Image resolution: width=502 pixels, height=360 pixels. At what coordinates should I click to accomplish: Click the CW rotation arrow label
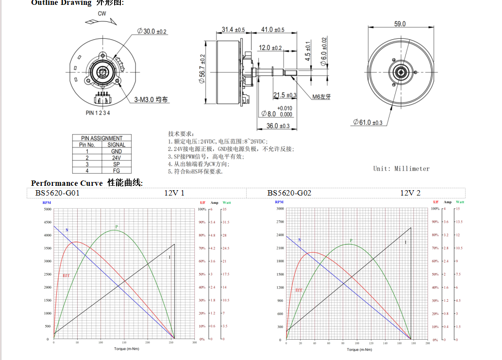tap(102, 14)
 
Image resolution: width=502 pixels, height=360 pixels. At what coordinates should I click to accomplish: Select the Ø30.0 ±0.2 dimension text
tap(152, 31)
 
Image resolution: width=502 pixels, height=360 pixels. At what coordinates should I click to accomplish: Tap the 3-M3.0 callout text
tap(151, 99)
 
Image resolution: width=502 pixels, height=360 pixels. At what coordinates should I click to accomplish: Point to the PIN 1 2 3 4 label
tap(98, 113)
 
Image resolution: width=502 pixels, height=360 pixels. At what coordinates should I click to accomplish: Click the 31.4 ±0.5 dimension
tap(233, 30)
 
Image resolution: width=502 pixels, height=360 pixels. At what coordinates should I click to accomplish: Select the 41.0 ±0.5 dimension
tap(273, 30)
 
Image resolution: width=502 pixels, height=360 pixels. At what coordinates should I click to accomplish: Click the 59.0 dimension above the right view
tap(400, 24)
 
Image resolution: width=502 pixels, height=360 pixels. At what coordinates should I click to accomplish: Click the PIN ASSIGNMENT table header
tap(102, 138)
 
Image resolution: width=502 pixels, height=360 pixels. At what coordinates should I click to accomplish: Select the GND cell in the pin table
tap(117, 151)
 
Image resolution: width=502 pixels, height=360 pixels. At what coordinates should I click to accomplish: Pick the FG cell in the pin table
tap(117, 171)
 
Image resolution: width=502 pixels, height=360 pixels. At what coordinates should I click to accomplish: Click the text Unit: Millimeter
tap(401, 168)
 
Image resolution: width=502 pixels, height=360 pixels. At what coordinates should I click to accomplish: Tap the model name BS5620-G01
tap(57, 193)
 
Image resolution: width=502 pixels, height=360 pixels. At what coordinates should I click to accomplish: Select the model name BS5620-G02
tap(289, 193)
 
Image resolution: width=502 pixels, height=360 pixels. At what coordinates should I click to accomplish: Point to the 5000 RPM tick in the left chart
tap(48, 209)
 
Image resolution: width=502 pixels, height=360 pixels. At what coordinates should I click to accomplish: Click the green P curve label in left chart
tap(116, 227)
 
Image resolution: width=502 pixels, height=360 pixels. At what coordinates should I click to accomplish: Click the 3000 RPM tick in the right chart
tap(280, 209)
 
